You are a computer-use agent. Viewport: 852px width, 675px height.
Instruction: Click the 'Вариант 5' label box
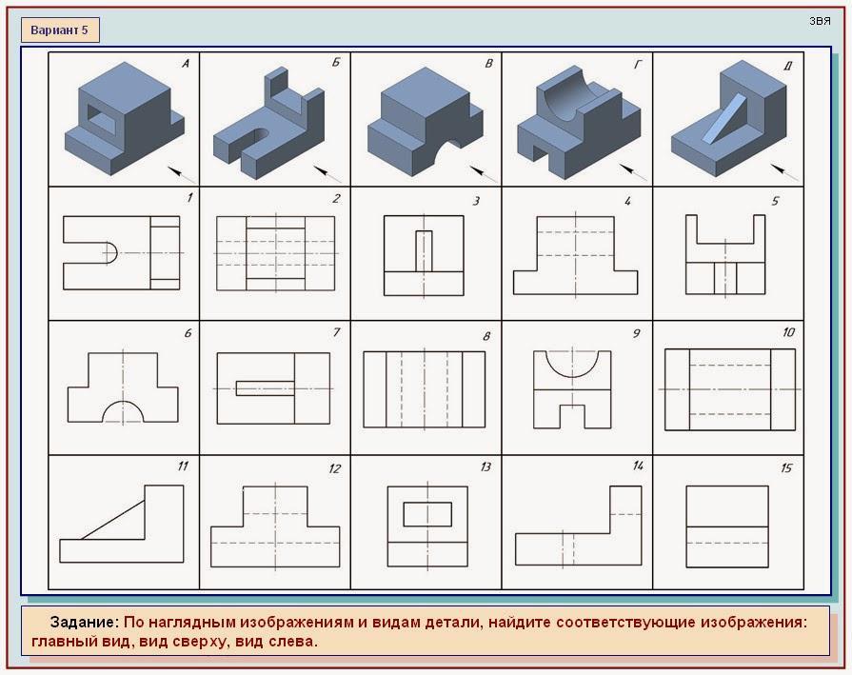pyautogui.click(x=60, y=30)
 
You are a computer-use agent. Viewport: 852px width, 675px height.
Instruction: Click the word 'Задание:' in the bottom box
pyautogui.click(x=84, y=623)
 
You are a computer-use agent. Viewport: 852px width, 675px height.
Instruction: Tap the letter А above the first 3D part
pyautogui.click(x=186, y=64)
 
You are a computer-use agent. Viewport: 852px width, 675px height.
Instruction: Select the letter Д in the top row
pyautogui.click(x=788, y=66)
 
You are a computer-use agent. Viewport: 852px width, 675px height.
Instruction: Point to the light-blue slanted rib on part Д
pyautogui.click(x=723, y=118)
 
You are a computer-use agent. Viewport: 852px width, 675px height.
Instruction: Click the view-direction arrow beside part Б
pyautogui.click(x=327, y=174)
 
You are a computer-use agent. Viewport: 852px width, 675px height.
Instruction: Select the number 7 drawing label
pyautogui.click(x=336, y=332)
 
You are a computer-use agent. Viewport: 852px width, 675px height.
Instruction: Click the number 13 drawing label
pyautogui.click(x=485, y=467)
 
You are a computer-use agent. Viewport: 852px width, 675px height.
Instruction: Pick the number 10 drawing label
pyautogui.click(x=788, y=332)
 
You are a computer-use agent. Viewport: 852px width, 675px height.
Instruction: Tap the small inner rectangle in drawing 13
pyautogui.click(x=427, y=514)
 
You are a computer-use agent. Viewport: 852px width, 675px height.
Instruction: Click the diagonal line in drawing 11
pyautogui.click(x=113, y=520)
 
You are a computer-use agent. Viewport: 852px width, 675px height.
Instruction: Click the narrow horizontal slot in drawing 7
pyautogui.click(x=266, y=388)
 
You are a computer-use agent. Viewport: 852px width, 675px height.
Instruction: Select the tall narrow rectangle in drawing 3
pyautogui.click(x=424, y=251)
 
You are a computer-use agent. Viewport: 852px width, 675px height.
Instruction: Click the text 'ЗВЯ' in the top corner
pyautogui.click(x=820, y=21)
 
